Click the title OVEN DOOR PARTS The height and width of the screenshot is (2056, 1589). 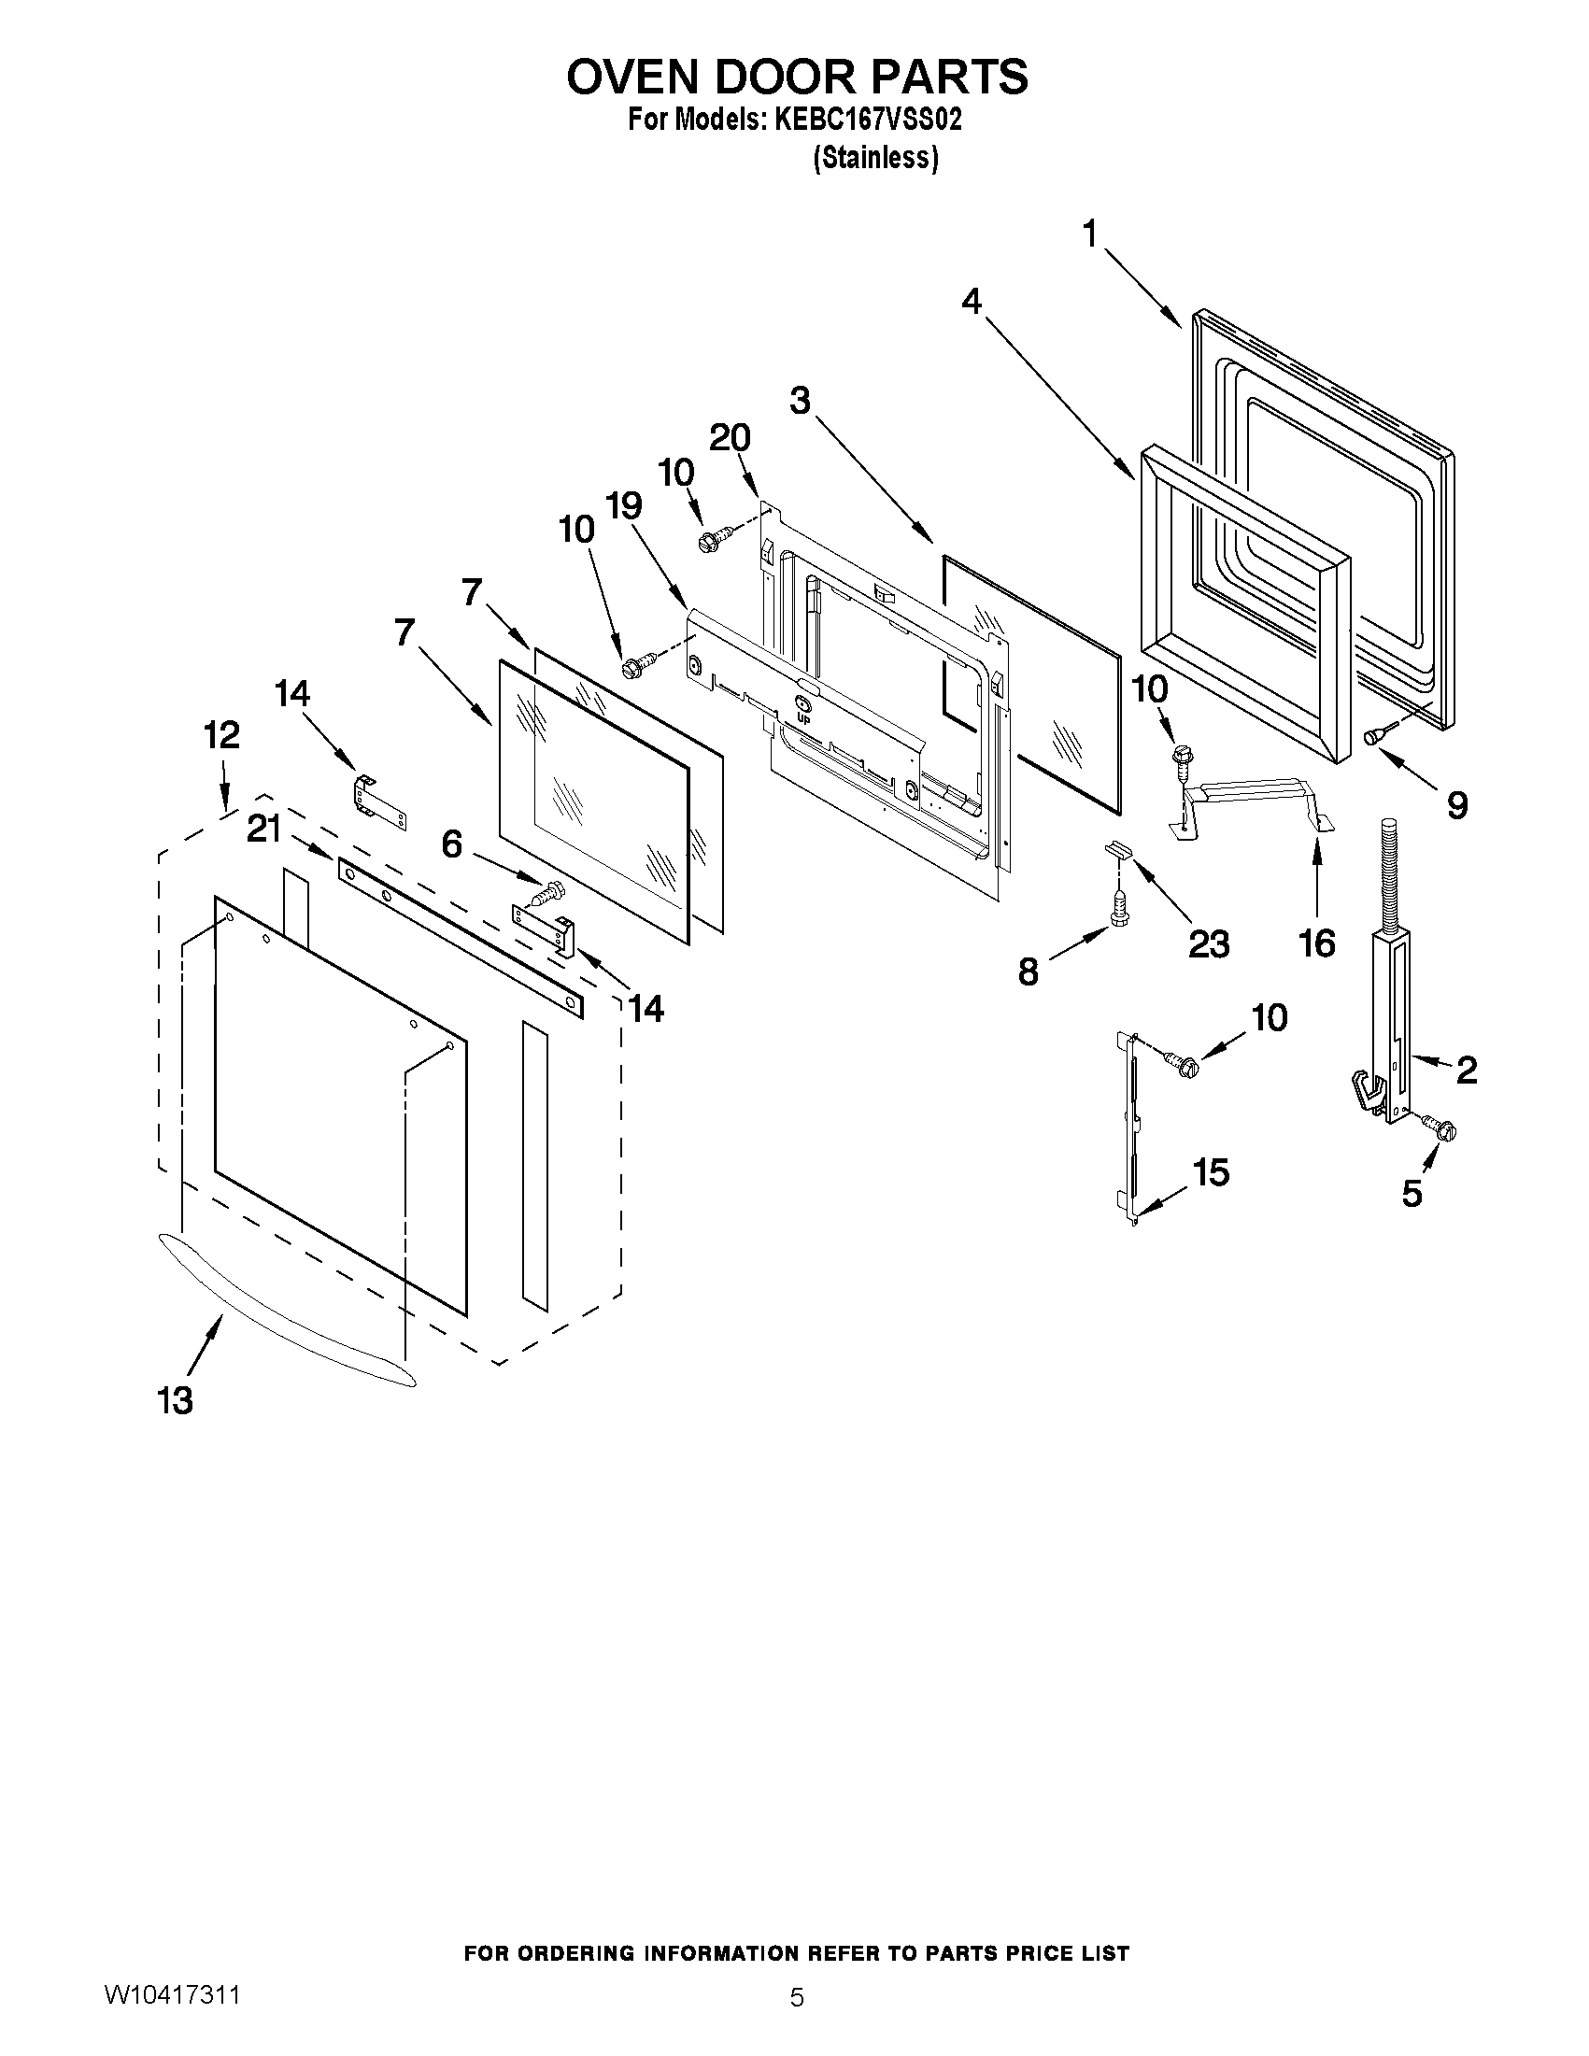pyautogui.click(x=797, y=78)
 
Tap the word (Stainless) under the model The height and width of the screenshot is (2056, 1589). pyautogui.click(x=875, y=158)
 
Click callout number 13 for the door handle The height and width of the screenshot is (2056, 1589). pyautogui.click(x=175, y=1400)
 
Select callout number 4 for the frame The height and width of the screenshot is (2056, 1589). pyautogui.click(x=972, y=301)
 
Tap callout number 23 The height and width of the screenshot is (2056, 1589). pyautogui.click(x=1209, y=943)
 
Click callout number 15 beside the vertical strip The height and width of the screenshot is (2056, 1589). pyautogui.click(x=1211, y=1172)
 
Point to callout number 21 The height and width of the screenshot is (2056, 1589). pyautogui.click(x=264, y=829)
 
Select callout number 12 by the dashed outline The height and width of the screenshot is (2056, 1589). pyautogui.click(x=222, y=734)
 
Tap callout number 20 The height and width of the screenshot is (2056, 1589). pyautogui.click(x=730, y=437)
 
